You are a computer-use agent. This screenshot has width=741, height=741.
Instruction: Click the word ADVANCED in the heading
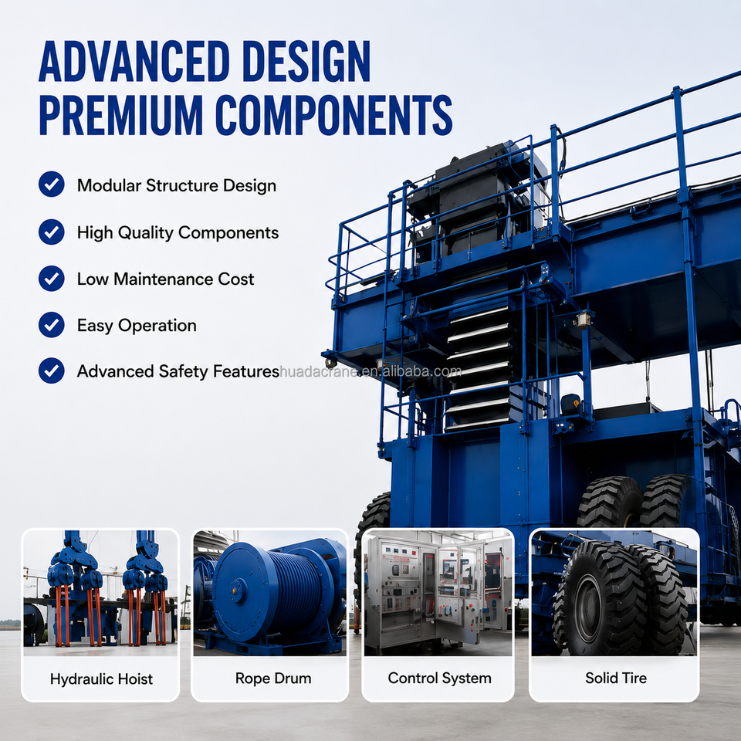(134, 62)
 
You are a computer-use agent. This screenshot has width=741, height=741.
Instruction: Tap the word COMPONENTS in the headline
(333, 115)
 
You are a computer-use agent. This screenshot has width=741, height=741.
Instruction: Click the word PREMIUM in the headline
(121, 115)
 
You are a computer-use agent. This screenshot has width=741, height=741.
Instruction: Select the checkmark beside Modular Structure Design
(52, 184)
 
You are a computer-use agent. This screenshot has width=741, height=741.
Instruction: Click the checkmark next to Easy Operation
(52, 325)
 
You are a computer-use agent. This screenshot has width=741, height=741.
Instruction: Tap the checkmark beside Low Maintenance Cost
(52, 279)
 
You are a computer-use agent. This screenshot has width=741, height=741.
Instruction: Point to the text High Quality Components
(178, 233)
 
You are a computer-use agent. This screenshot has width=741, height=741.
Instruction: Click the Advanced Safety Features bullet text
(178, 371)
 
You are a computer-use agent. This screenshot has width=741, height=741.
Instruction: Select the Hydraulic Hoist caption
(101, 679)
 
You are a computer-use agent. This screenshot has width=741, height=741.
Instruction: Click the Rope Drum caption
(273, 678)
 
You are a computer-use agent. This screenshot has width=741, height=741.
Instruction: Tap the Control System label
(439, 678)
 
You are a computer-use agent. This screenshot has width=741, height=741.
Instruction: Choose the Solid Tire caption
(616, 678)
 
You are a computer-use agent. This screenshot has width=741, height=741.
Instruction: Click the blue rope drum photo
(270, 593)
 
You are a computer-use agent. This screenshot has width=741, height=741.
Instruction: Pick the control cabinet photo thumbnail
(438, 593)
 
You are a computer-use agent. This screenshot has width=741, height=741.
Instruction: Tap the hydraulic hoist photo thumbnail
(100, 593)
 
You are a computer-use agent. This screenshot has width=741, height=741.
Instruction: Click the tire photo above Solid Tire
(614, 593)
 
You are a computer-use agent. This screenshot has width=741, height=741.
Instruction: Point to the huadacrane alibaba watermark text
(370, 371)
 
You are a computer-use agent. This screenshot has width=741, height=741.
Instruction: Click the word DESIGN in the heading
(306, 62)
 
